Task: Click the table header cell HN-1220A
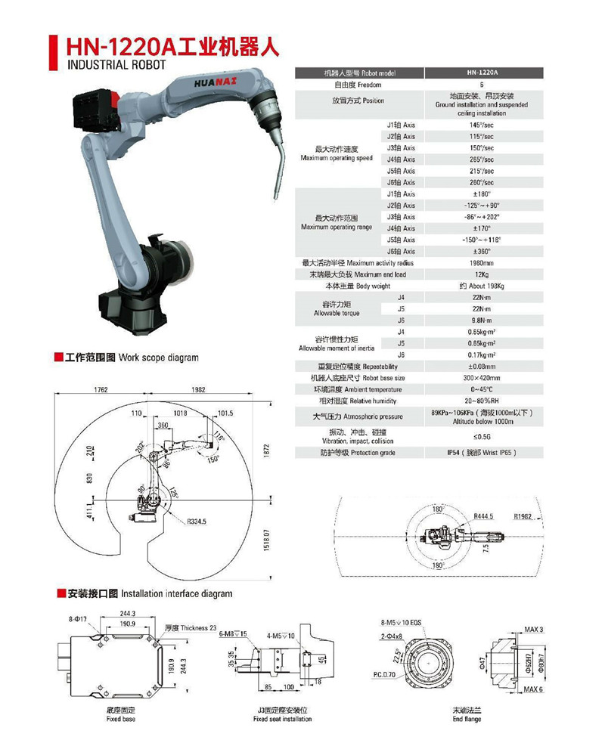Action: click(x=482, y=73)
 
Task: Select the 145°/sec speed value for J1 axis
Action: click(x=482, y=124)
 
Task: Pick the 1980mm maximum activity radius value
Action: click(x=482, y=262)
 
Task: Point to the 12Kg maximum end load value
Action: click(x=482, y=274)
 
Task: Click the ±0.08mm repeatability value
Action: click(x=482, y=366)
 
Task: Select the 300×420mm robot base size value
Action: click(x=482, y=377)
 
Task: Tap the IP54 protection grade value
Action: click(x=482, y=452)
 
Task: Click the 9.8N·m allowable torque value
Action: click(x=482, y=320)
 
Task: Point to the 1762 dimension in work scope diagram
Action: click(x=101, y=389)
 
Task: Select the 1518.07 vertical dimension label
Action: click(x=267, y=541)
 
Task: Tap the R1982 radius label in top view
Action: click(x=523, y=517)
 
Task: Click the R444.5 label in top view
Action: click(x=483, y=516)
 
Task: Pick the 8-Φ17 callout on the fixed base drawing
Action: click(x=77, y=618)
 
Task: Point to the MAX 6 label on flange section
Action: click(x=532, y=689)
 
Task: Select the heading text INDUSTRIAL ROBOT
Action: click(x=110, y=66)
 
